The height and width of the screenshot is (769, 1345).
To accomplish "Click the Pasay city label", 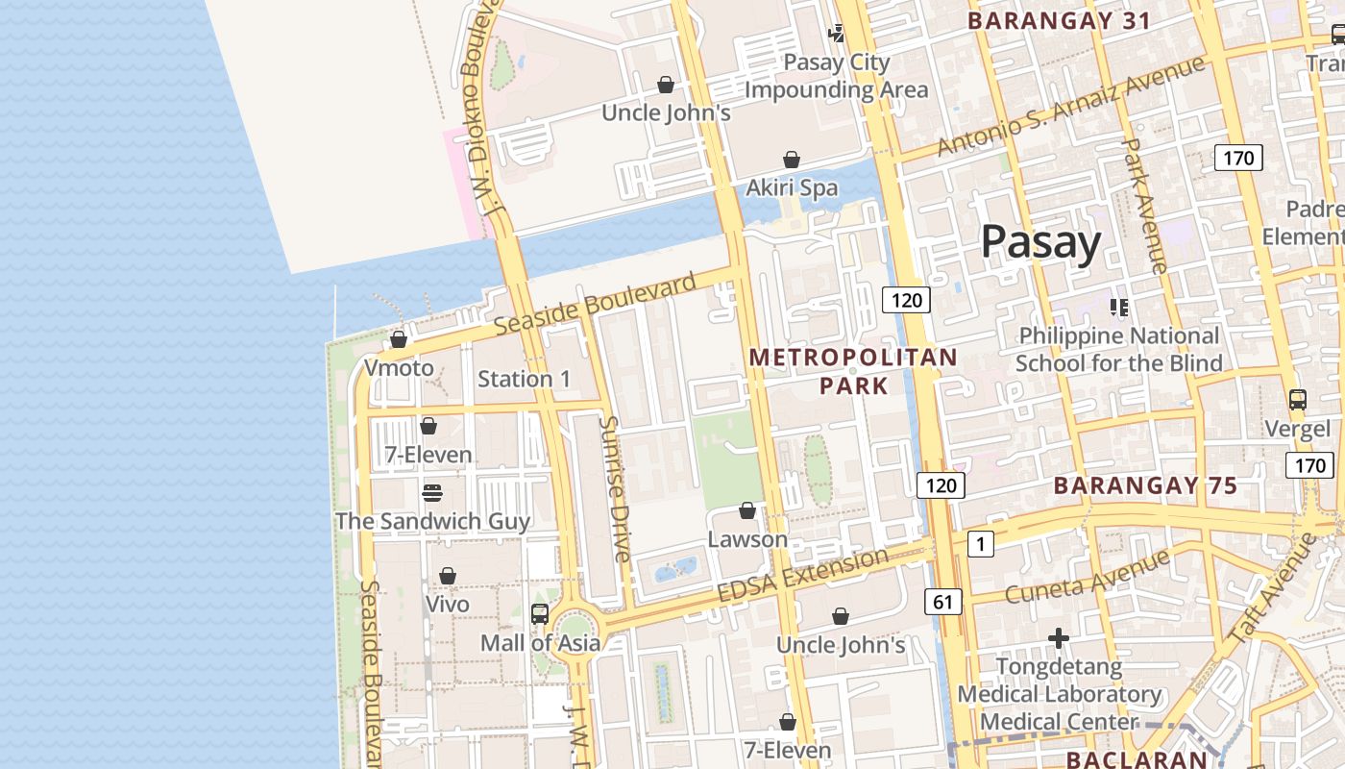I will point(1040,242).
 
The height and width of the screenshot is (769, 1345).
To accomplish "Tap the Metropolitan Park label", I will point(853,371).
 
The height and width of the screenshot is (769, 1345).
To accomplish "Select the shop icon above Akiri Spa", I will point(792,160).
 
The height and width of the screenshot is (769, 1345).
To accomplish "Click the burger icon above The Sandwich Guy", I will point(431,493).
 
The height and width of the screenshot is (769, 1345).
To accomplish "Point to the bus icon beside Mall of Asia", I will point(540,613).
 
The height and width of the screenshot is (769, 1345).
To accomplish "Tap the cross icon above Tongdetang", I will point(1059,638).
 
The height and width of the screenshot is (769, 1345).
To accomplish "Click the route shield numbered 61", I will point(942,602).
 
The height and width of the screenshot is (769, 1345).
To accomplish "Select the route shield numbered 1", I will point(980,545).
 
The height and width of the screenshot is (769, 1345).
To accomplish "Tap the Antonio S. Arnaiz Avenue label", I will point(1070,106).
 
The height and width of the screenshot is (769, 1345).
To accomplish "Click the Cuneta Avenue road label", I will point(1087,576).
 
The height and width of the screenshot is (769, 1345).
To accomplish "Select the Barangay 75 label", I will point(1145,485).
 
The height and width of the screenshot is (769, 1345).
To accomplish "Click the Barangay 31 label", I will point(1059,20).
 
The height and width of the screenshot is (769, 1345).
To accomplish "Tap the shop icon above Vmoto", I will point(399,339).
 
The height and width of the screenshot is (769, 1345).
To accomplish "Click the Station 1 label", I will point(524,379).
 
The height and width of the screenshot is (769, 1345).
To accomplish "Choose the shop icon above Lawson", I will point(747,510).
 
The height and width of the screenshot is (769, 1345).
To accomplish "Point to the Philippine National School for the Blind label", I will point(1118,349).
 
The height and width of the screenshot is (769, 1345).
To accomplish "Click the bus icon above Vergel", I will point(1297,399).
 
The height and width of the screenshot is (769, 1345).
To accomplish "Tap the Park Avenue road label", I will point(1145,206).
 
